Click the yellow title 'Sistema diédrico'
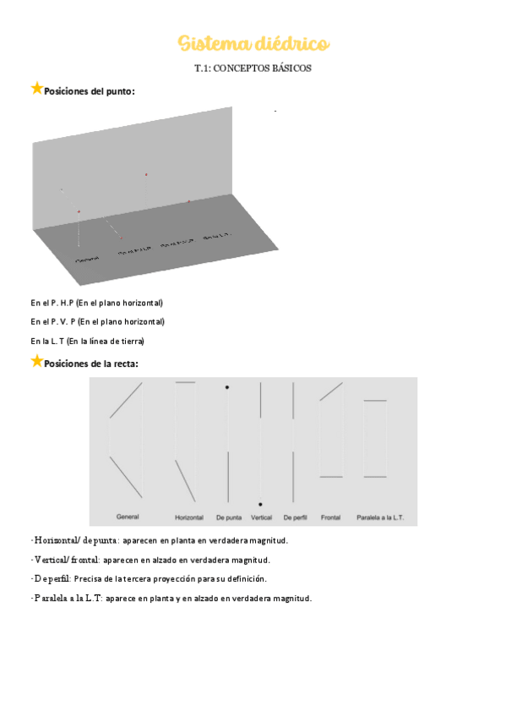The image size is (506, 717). click(x=253, y=43)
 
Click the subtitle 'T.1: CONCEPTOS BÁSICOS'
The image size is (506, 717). click(x=253, y=69)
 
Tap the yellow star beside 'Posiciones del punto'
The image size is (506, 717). click(x=36, y=88)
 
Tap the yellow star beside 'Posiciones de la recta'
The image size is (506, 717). click(x=36, y=361)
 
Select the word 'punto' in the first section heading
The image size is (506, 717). click(x=119, y=90)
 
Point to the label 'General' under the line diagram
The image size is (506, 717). click(x=128, y=516)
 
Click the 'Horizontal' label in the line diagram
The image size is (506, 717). click(x=189, y=517)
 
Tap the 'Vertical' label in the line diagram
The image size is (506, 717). click(x=261, y=517)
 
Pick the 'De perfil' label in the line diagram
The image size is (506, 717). click(x=295, y=517)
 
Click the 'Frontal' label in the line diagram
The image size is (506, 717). click(x=330, y=517)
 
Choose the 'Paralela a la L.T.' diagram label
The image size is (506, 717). click(x=380, y=517)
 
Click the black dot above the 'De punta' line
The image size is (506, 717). click(x=227, y=387)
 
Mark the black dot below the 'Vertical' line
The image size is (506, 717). click(x=260, y=504)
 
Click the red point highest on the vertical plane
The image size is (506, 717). click(x=146, y=175)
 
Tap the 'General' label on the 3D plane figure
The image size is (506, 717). click(x=87, y=259)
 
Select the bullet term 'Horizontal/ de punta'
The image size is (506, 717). click(x=75, y=540)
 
